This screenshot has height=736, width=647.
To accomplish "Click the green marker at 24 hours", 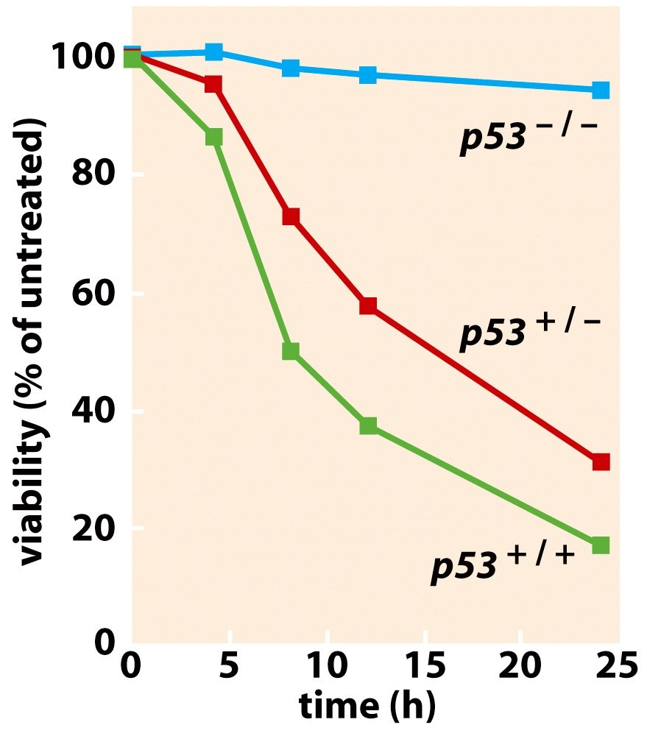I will [601, 545].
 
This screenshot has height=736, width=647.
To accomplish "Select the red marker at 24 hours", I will [601, 462].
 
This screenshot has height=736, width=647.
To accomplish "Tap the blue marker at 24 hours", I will [601, 91].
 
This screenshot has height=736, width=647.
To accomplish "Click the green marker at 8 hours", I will [291, 351].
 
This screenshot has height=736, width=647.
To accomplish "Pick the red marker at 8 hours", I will [291, 216].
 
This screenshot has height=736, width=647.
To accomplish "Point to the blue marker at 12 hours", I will [368, 75].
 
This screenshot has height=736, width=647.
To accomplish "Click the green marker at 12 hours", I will [368, 426].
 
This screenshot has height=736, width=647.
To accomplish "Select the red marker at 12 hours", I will [368, 305].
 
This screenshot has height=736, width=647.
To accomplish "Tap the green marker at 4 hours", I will [213, 138].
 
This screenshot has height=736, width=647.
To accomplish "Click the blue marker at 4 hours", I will [213, 52].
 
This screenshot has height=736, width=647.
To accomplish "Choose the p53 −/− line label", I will [528, 136].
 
